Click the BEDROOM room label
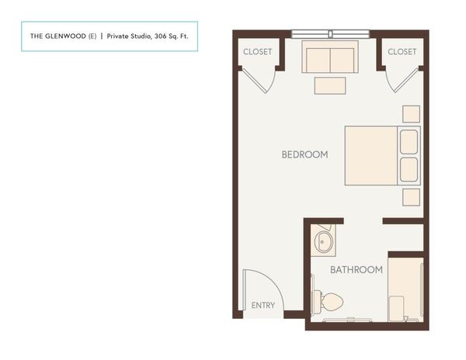click(304, 154)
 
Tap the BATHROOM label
click(356, 269)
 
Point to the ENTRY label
click(263, 305)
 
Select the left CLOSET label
click(257, 52)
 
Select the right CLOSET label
click(402, 52)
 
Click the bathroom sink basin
click(323, 241)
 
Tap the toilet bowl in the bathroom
click(332, 302)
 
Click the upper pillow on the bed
click(409, 142)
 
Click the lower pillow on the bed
click(409, 169)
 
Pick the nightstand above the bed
click(412, 114)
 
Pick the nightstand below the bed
click(412, 197)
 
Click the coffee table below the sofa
click(330, 86)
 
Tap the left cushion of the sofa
click(318, 61)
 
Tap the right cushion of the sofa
click(342, 61)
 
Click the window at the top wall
click(330, 34)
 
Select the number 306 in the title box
click(160, 36)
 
